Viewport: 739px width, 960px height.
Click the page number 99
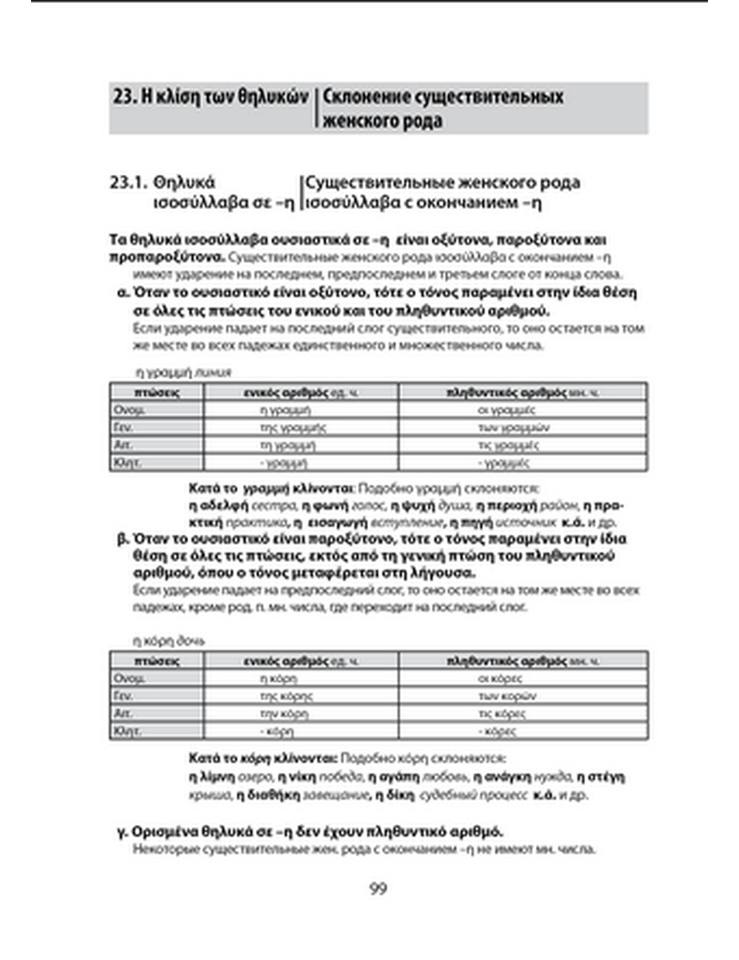tap(378, 888)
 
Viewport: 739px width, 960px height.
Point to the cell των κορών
tap(507, 696)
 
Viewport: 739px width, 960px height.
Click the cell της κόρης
tap(286, 696)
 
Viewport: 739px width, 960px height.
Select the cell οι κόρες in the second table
tap(500, 678)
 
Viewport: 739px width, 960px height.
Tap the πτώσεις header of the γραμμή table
tap(157, 392)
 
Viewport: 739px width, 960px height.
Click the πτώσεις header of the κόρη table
tap(157, 661)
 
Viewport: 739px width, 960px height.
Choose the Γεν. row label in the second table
tap(123, 696)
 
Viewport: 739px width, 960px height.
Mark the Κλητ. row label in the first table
tap(126, 463)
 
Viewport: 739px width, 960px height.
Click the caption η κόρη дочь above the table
tap(168, 640)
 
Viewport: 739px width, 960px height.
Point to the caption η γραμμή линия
tap(183, 372)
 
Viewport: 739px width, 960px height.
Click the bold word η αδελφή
tap(219, 506)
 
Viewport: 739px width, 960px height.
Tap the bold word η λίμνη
tap(212, 777)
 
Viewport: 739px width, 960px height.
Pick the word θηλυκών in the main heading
tap(273, 97)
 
